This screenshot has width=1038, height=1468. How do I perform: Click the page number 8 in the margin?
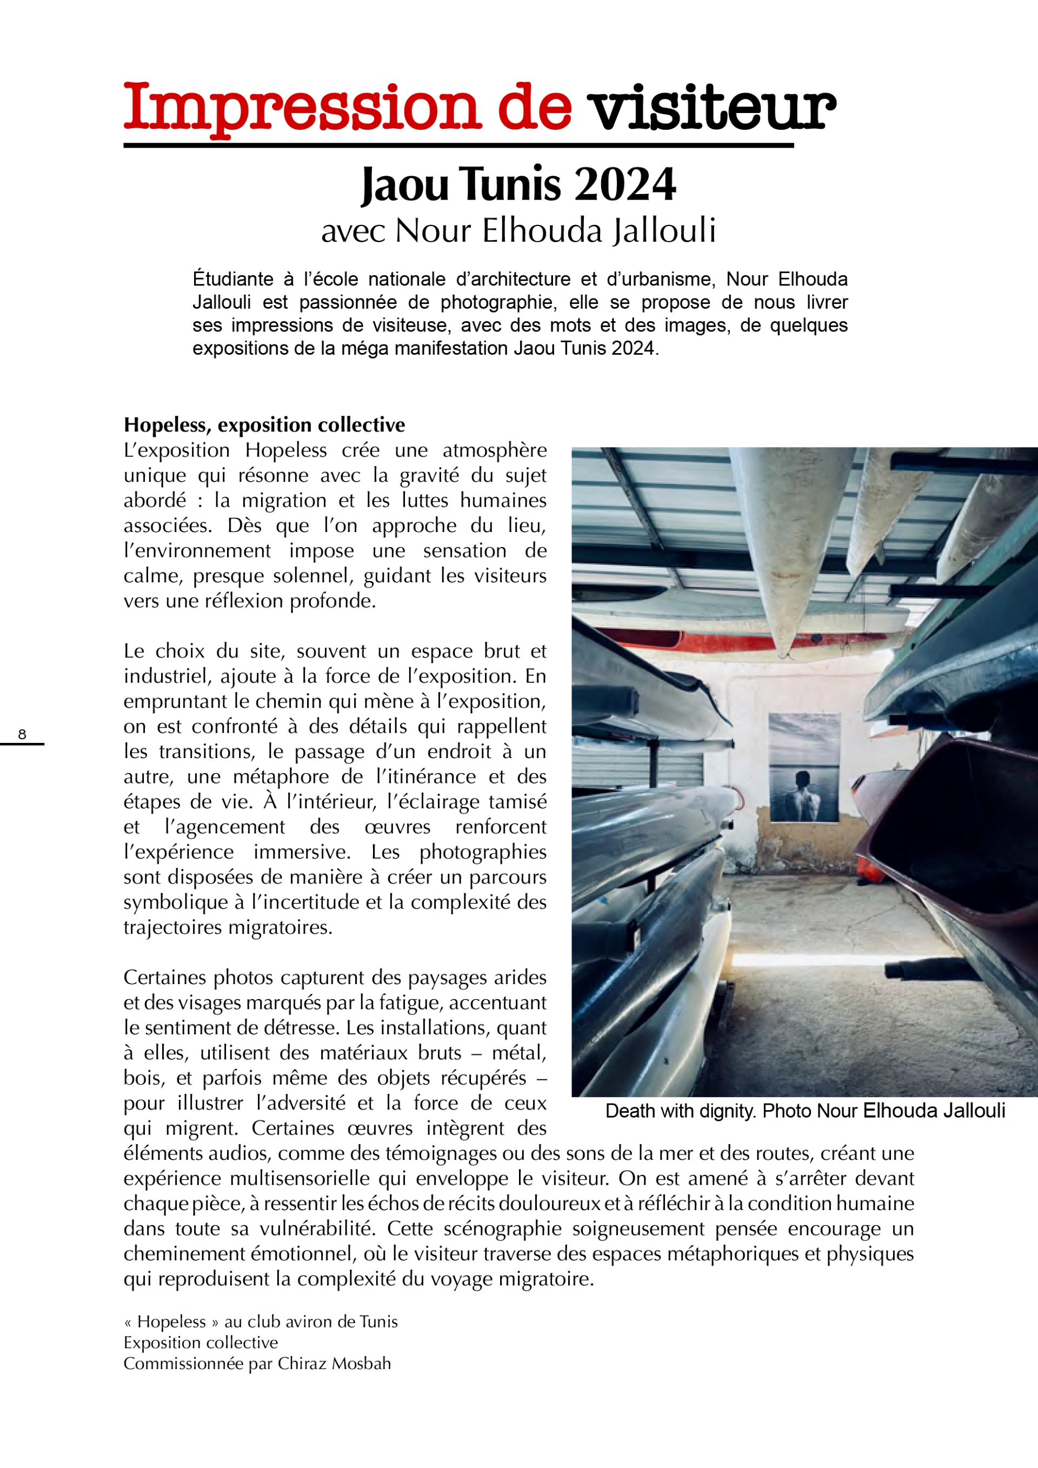[22, 734]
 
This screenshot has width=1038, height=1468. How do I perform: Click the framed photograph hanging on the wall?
[803, 767]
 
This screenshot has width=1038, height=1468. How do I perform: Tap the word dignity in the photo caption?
[728, 1111]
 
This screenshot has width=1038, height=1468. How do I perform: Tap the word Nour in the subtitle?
[432, 230]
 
